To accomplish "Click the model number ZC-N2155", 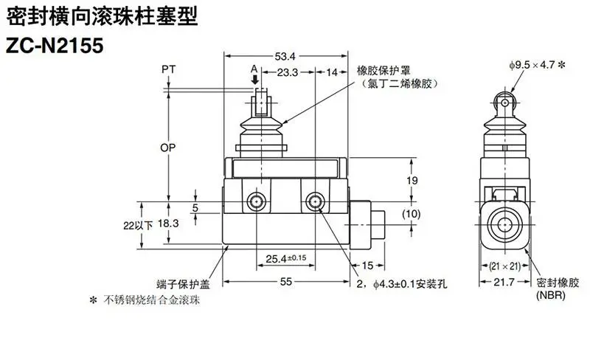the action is tap(55, 46).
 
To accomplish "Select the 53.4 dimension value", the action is tap(285, 57).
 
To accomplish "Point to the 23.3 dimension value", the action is tap(288, 72).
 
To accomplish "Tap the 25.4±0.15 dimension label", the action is tap(286, 259).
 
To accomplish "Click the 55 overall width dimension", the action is tap(286, 281).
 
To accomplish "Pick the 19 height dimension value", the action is tap(412, 181).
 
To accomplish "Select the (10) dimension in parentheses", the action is tap(412, 214).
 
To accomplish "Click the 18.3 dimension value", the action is tap(168, 224).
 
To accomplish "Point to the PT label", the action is tap(169, 69).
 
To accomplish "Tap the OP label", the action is tap(168, 148).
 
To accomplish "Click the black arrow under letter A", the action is tap(255, 80).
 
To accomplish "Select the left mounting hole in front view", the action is tap(257, 202).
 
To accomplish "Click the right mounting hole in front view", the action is tap(315, 202).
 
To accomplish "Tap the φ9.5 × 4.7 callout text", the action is tap(538, 65).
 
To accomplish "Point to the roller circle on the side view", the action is tap(504, 102).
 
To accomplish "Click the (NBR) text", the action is tap(551, 295).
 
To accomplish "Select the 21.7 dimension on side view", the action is tap(504, 282).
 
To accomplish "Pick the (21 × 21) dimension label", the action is tap(505, 266).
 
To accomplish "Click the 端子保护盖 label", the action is tap(183, 284).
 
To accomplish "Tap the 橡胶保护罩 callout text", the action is tap(383, 70).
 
